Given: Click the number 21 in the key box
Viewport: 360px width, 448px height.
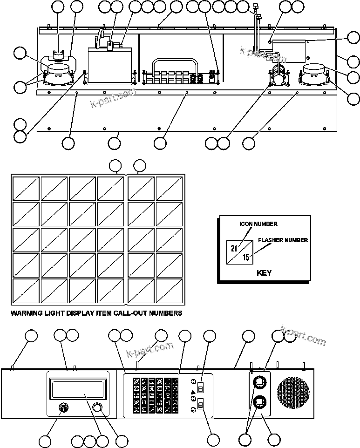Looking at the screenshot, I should click(x=234, y=248).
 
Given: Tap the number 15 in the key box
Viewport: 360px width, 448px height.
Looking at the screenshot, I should click(x=246, y=257).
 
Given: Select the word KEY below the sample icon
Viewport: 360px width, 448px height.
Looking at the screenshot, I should click(x=264, y=273).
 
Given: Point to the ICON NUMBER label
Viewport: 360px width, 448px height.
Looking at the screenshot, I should click(x=258, y=224).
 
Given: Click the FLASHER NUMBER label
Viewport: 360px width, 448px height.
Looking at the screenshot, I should click(x=283, y=240).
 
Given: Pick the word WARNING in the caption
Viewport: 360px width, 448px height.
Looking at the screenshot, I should click(x=27, y=313).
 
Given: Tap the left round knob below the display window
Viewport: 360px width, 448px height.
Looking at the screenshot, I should click(x=63, y=407).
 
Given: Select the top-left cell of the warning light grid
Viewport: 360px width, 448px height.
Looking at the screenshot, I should click(x=26, y=188).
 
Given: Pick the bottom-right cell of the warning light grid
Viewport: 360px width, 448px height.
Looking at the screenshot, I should click(x=170, y=291).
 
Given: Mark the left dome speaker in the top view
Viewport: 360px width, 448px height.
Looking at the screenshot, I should click(x=58, y=71).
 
